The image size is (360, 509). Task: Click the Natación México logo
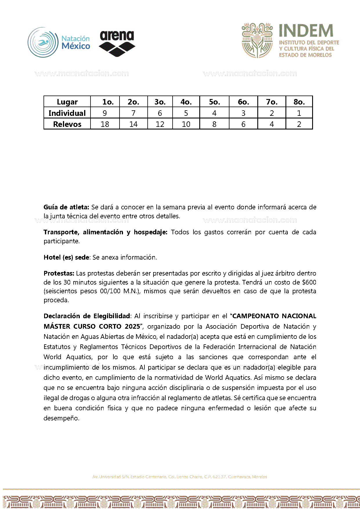(x=59, y=43)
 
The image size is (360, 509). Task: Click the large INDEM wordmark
(x=306, y=31)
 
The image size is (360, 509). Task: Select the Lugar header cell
(x=67, y=102)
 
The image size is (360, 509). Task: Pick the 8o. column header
(x=299, y=102)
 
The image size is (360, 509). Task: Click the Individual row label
(x=67, y=113)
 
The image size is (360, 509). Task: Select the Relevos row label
(x=67, y=124)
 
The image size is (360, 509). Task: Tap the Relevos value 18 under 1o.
(x=105, y=124)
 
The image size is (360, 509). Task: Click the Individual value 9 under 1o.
(x=105, y=113)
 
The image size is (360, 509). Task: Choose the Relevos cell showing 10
(x=186, y=124)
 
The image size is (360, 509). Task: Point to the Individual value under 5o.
(x=214, y=113)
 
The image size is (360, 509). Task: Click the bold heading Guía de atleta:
(x=66, y=207)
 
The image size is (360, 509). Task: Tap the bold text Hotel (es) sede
(x=66, y=257)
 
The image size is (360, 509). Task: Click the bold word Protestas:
(x=59, y=273)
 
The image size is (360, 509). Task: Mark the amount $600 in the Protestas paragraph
(x=309, y=282)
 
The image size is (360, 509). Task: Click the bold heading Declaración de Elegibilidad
(x=87, y=316)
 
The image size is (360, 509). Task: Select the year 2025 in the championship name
(x=132, y=326)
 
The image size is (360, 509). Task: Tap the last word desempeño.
(x=61, y=418)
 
